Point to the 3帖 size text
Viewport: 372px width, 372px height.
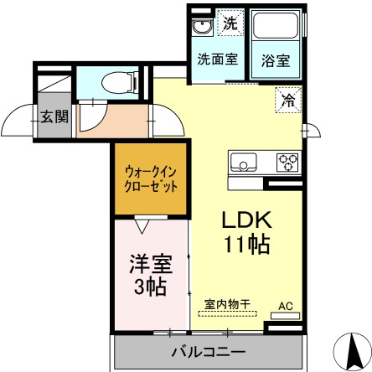150,287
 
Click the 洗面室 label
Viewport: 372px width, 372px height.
215,59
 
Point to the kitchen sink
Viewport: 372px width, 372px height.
245,161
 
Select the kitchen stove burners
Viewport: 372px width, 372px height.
287,161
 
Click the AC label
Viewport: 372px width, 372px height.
286,305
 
